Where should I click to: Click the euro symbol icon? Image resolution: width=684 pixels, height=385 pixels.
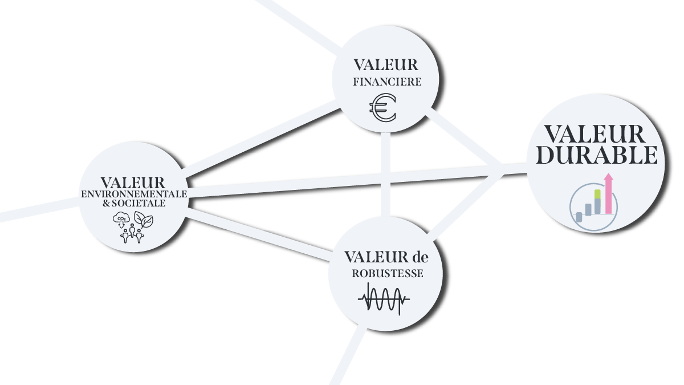pyautogui.click(x=382, y=108)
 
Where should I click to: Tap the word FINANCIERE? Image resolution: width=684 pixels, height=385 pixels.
pyautogui.click(x=387, y=82)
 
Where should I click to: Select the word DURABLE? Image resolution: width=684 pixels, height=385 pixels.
pyautogui.click(x=597, y=155)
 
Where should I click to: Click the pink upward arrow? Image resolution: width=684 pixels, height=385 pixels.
pyautogui.click(x=608, y=194)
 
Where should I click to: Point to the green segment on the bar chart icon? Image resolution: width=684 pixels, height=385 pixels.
pyautogui.click(x=597, y=194)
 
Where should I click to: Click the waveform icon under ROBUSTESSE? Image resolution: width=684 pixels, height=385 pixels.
pyautogui.click(x=384, y=298)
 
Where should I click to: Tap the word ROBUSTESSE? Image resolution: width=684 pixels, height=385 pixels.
pyautogui.click(x=388, y=273)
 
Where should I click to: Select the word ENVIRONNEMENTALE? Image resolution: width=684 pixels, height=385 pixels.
pyautogui.click(x=134, y=194)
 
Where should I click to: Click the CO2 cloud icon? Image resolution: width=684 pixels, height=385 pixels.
pyautogui.click(x=122, y=219)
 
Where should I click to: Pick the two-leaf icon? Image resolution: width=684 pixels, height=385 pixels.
pyautogui.click(x=143, y=219)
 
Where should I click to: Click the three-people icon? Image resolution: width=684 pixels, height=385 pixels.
pyautogui.click(x=132, y=233)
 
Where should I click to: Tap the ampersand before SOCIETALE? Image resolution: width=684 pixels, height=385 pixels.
pyautogui.click(x=105, y=203)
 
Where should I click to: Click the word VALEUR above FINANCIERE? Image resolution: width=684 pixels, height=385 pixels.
pyautogui.click(x=386, y=65)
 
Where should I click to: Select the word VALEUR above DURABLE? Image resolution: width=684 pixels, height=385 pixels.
pyautogui.click(x=595, y=135)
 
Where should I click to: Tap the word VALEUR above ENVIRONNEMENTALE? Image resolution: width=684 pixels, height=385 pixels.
pyautogui.click(x=133, y=183)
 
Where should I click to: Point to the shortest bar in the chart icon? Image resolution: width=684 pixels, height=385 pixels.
pyautogui.click(x=579, y=217)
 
